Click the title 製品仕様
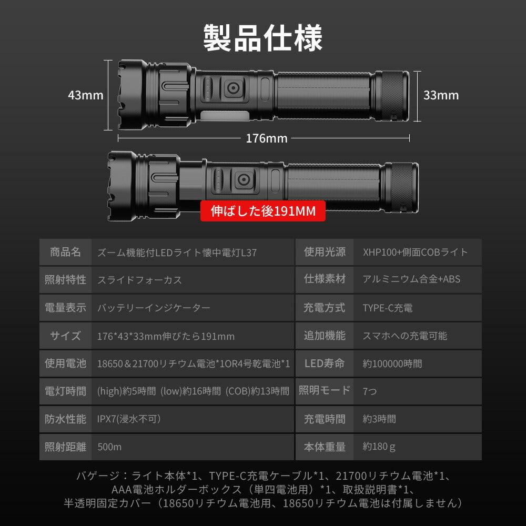pyautogui.click(x=263, y=38)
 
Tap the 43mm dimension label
pyautogui.click(x=86, y=95)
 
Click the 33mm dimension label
pyautogui.click(x=441, y=95)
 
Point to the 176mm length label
pyautogui.click(x=267, y=138)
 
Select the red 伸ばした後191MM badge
pyautogui.click(x=263, y=211)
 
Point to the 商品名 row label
pyautogui.click(x=66, y=252)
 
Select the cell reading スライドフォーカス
pyautogui.click(x=140, y=280)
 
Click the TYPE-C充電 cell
pyautogui.click(x=388, y=308)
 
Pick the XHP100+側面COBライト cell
pyautogui.click(x=415, y=252)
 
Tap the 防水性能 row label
pyautogui.click(x=66, y=419)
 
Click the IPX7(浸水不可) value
pyautogui.click(x=129, y=419)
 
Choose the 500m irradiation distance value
pyautogui.click(x=109, y=447)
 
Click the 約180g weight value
pyautogui.click(x=379, y=447)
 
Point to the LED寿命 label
pyautogui.click(x=325, y=363)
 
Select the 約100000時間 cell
pyautogui.click(x=392, y=363)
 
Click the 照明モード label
pyautogui.click(x=325, y=391)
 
